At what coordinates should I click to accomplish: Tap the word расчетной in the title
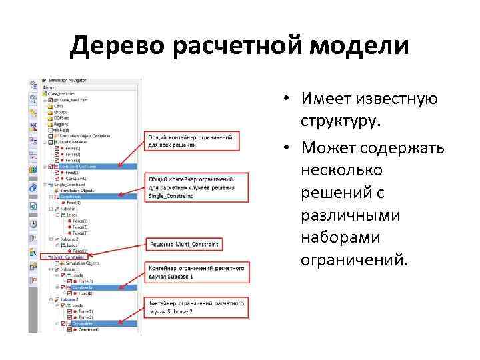[x=238, y=47]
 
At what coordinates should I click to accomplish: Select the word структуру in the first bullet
[x=342, y=123]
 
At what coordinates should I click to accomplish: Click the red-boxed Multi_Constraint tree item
[x=67, y=255]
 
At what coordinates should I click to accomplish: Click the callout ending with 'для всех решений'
[x=191, y=140]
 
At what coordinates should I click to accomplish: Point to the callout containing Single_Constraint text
[x=191, y=187]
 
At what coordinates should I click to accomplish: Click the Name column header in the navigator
[x=49, y=87]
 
